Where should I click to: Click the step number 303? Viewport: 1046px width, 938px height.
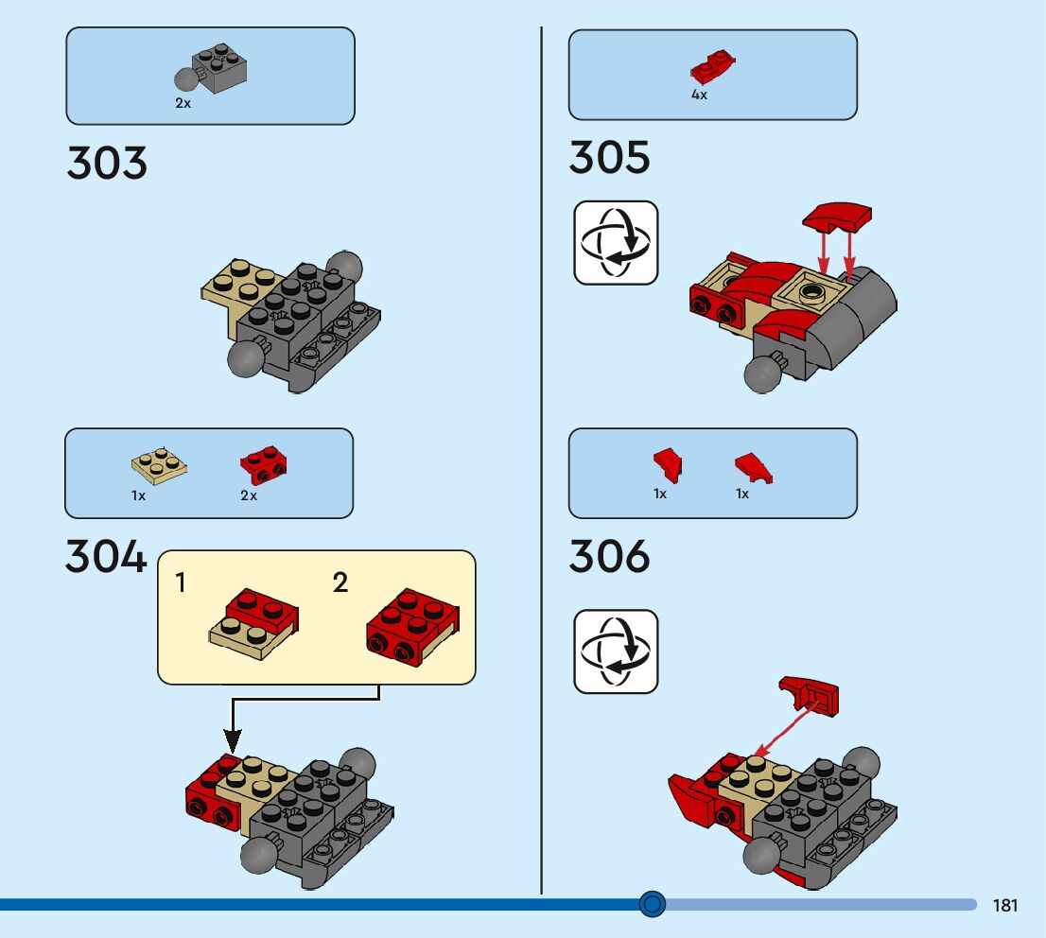point(107,163)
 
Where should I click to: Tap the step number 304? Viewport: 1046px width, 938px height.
point(106,557)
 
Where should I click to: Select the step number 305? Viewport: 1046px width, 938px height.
point(609,157)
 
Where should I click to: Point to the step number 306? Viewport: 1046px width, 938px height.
point(609,556)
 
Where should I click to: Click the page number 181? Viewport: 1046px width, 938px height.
point(1005,906)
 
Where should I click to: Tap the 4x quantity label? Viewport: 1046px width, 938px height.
point(699,96)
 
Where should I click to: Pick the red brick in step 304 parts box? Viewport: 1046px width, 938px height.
point(264,462)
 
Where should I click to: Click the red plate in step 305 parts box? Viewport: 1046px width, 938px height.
point(713,66)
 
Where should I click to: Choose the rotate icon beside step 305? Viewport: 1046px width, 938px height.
point(616,242)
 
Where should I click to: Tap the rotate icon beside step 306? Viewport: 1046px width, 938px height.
point(616,651)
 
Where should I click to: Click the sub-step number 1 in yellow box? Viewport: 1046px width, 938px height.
point(181,583)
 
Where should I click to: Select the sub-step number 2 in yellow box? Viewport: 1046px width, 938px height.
point(340,583)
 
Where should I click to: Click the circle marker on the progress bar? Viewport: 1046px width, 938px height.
point(653,905)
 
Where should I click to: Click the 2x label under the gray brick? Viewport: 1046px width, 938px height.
point(183,103)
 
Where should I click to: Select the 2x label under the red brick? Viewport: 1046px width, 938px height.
point(249,495)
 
